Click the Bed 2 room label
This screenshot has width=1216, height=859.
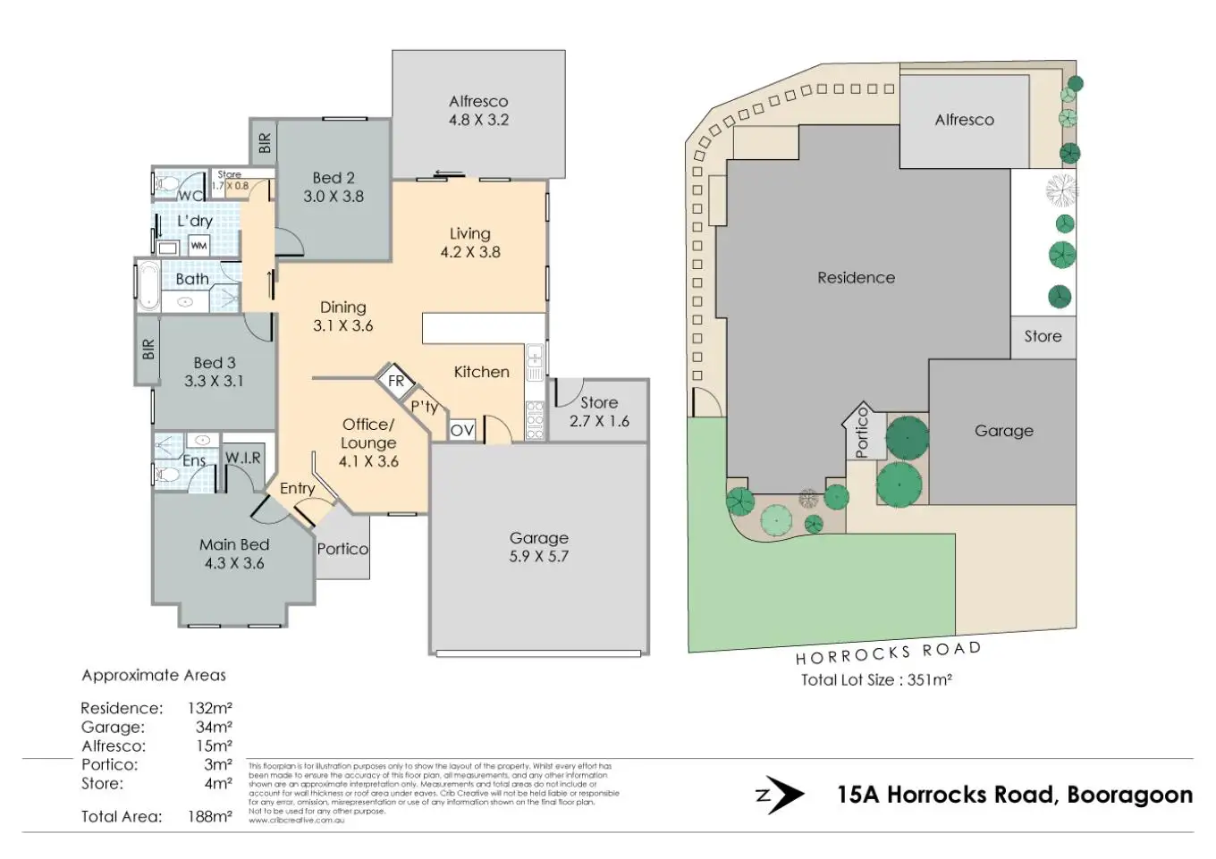pyautogui.click(x=334, y=178)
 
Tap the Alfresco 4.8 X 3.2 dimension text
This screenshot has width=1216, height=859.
pyautogui.click(x=478, y=120)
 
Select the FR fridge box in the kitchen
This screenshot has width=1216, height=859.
pyautogui.click(x=396, y=381)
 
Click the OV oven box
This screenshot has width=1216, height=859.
pyautogui.click(x=462, y=430)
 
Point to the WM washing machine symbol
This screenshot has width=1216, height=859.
pyautogui.click(x=198, y=246)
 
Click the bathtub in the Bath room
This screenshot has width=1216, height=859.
pyautogui.click(x=148, y=285)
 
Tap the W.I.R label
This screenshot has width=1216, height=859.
pyautogui.click(x=242, y=458)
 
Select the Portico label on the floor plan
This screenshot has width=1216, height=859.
pyautogui.click(x=342, y=549)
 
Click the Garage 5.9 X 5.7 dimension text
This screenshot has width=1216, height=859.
pyautogui.click(x=539, y=556)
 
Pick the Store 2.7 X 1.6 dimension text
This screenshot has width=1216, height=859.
pyautogui.click(x=599, y=421)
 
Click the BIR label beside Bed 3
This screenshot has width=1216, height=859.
pyautogui.click(x=148, y=349)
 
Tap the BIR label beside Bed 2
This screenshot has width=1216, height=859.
pyautogui.click(x=264, y=143)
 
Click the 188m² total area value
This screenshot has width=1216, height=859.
pyautogui.click(x=209, y=816)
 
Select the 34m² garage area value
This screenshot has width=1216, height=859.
pyautogui.click(x=214, y=727)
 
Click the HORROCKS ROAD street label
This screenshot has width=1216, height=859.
pyautogui.click(x=888, y=653)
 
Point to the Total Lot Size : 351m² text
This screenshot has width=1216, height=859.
pyautogui.click(x=875, y=679)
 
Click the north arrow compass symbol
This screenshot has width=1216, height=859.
pyautogui.click(x=780, y=795)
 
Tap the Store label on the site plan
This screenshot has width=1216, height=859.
pyautogui.click(x=1043, y=336)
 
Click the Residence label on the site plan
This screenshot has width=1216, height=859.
pyautogui.click(x=856, y=277)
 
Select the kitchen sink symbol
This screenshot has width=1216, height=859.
pyautogui.click(x=535, y=361)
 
